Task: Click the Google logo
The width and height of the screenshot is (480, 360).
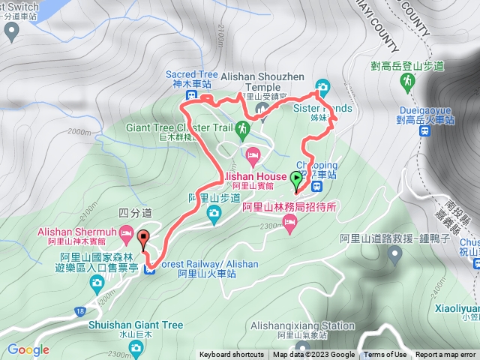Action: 28,349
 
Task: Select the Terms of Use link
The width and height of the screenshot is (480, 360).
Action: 385,355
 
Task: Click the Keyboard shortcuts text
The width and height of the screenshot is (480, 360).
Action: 232,355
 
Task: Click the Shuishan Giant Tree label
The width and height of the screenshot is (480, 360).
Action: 135,325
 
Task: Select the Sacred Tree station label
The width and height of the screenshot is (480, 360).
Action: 192,76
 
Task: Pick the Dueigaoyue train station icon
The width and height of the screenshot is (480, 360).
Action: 424,130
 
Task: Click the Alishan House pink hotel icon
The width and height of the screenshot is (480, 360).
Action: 253,157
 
